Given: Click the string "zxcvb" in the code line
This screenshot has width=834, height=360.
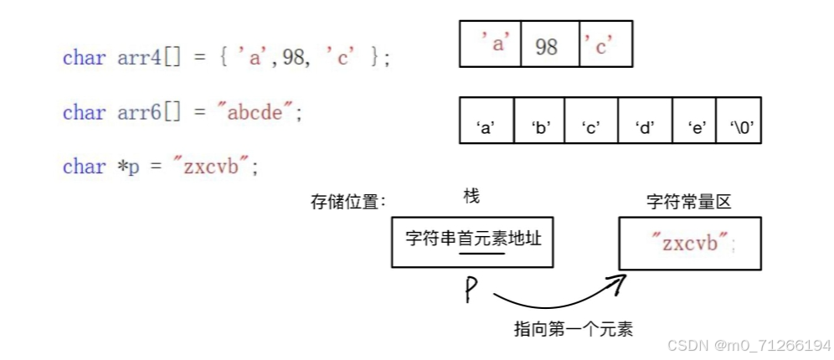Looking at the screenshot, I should [210, 166].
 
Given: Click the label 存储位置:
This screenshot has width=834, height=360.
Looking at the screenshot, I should [348, 203].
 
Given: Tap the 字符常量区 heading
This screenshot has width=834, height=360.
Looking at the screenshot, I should [689, 203].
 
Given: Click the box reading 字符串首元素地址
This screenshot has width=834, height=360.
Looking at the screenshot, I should [473, 239].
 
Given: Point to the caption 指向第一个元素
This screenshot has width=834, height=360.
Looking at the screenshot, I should [573, 329].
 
